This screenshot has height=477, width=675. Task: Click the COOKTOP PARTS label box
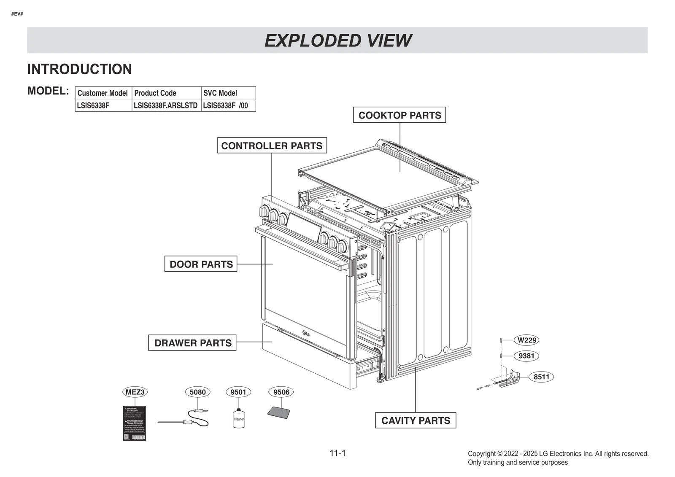[x=399, y=115]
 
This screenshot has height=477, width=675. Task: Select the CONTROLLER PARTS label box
[x=272, y=146]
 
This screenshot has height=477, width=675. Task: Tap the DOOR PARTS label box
[x=201, y=264]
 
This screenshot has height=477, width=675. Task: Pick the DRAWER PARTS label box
[x=192, y=343]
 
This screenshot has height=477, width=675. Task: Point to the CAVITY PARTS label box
[x=416, y=420]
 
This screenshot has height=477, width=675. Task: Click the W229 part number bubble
[x=526, y=340]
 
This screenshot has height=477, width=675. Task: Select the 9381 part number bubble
[x=526, y=356]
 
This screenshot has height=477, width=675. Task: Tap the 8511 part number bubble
[x=541, y=377]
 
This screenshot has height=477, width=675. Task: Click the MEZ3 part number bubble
[x=135, y=392]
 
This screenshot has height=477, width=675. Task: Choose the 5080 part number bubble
[x=197, y=392]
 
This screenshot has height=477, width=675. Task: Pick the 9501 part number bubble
[x=238, y=392]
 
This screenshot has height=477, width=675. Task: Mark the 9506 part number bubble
[x=281, y=392]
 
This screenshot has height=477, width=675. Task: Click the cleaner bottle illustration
[x=239, y=418]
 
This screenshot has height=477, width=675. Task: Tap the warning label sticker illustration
[x=134, y=423]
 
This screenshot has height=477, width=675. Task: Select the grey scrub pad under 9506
[x=279, y=412]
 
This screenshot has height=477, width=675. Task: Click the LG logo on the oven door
[x=306, y=334]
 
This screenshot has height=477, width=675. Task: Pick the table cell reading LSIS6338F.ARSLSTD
[x=166, y=105]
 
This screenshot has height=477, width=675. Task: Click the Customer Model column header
[x=103, y=93]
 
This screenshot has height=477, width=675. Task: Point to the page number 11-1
[x=337, y=453]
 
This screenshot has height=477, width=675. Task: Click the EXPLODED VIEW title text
[x=337, y=40]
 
